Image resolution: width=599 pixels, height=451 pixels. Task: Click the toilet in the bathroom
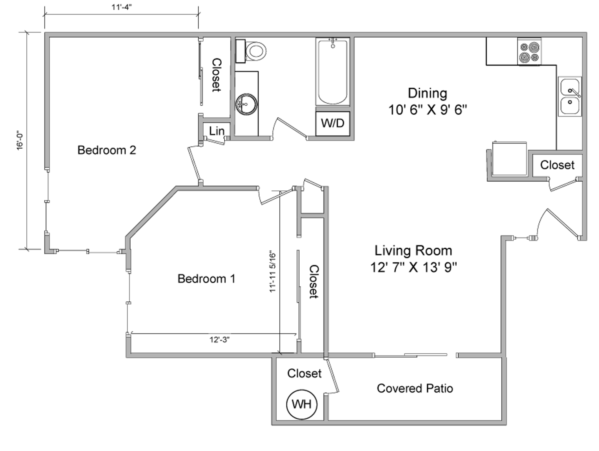251,51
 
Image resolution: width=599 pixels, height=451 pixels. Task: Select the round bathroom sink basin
246,104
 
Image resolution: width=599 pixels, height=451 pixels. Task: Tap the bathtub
333,71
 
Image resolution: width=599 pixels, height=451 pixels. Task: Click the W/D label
333,123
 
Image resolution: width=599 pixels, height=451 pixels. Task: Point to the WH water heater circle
301,404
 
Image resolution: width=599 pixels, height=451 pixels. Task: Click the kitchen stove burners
529,52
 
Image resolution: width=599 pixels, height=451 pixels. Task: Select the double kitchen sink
570,96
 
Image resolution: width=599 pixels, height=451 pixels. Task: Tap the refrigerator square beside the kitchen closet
510,158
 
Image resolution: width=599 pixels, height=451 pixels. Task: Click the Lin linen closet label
217,131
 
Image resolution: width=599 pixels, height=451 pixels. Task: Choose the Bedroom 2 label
107,150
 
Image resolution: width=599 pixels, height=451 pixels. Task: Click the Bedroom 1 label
206,279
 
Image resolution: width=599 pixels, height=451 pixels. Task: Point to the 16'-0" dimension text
20,142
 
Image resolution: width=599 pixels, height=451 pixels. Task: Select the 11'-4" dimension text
122,7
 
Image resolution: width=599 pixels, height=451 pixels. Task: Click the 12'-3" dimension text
220,340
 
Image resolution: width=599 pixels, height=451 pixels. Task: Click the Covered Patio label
415,388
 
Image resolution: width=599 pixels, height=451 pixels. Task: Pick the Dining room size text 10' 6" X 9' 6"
427,110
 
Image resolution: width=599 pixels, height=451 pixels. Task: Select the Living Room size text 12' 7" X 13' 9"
413,267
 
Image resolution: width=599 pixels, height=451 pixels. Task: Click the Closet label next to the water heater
304,373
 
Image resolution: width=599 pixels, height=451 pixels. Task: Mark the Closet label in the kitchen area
557,165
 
